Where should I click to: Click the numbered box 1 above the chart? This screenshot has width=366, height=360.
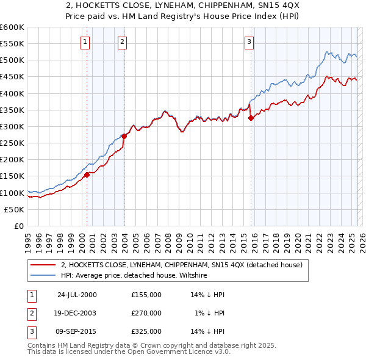[84, 41]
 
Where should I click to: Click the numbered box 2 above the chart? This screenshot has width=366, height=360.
[122, 41]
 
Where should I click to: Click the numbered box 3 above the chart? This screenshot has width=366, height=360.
[249, 41]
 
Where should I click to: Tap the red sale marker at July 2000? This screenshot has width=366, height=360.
[87, 175]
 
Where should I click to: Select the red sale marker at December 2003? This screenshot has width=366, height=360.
[124, 137]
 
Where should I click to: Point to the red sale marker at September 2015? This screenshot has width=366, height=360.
[251, 118]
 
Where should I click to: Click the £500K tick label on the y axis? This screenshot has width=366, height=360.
[12, 60]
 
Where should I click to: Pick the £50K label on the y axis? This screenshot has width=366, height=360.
[14, 209]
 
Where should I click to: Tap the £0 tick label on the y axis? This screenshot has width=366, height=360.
[18, 226]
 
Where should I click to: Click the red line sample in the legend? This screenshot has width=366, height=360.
[43, 265]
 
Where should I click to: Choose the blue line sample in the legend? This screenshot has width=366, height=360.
[43, 275]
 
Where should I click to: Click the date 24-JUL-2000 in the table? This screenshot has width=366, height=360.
[77, 295]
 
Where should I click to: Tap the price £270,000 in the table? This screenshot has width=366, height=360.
[146, 313]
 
